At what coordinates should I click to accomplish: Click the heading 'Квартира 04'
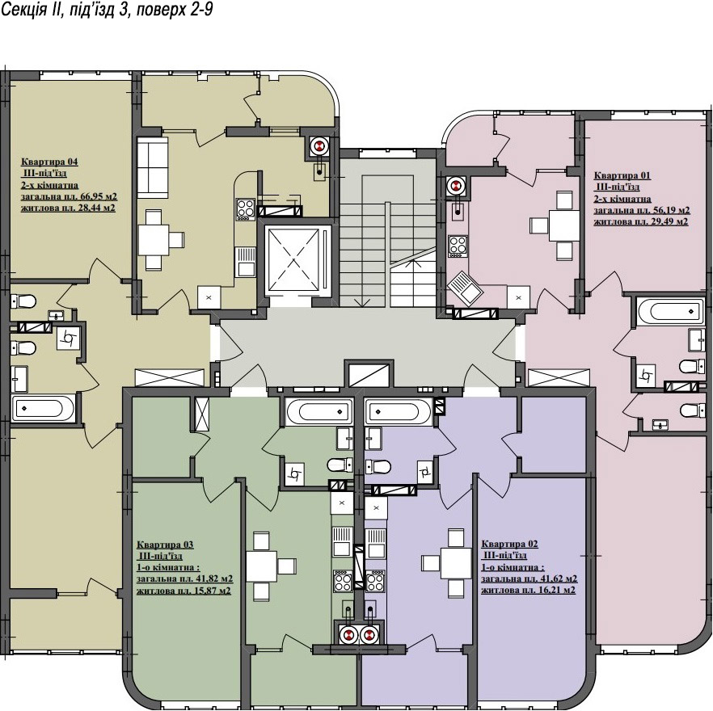click(x=49, y=162)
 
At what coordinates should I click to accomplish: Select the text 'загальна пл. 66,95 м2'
click(x=70, y=197)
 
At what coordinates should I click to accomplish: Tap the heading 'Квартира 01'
click(x=622, y=175)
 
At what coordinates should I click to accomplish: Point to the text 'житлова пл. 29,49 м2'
click(x=641, y=222)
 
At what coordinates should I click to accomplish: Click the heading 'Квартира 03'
click(x=165, y=545)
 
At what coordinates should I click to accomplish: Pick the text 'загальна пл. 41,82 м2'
click(x=185, y=579)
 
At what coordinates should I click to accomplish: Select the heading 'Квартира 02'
click(x=510, y=545)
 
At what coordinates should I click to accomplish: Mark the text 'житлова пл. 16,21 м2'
click(x=529, y=591)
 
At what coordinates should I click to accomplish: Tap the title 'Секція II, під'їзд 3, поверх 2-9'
click(x=107, y=10)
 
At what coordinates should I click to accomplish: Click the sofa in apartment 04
click(x=152, y=167)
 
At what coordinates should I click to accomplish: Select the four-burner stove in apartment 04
click(x=245, y=209)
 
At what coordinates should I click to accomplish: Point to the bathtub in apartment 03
click(x=319, y=412)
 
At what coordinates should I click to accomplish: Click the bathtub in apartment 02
click(x=398, y=412)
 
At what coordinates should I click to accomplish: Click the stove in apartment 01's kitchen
click(x=458, y=246)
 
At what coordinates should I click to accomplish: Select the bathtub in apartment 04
click(x=42, y=408)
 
